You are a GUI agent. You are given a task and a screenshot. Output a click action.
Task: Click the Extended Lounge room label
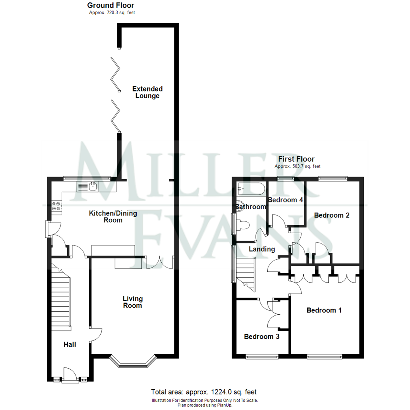click(147, 92)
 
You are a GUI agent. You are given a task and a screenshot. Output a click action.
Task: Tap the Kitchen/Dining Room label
click(113, 216)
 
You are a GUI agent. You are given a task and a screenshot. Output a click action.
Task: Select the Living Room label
click(132, 302)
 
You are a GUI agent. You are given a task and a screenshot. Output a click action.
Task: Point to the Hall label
click(70, 344)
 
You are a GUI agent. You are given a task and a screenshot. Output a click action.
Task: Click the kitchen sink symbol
click(88, 186)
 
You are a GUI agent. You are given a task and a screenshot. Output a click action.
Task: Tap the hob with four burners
click(56, 205)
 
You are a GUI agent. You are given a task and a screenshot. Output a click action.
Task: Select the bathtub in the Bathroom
click(251, 189)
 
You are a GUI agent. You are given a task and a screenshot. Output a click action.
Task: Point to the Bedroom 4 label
click(285, 200)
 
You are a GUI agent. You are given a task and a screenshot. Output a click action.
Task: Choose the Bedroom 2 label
click(331, 215)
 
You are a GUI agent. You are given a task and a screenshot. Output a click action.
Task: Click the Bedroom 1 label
click(324, 310)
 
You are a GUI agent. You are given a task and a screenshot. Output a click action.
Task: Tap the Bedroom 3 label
click(262, 336)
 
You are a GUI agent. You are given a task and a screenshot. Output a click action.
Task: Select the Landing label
click(262, 249)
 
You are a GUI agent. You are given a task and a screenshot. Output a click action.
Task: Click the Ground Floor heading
click(110, 5)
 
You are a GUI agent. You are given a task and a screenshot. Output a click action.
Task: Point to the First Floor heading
click(296, 159)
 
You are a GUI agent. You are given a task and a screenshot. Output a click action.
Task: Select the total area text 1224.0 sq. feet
click(206, 392)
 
